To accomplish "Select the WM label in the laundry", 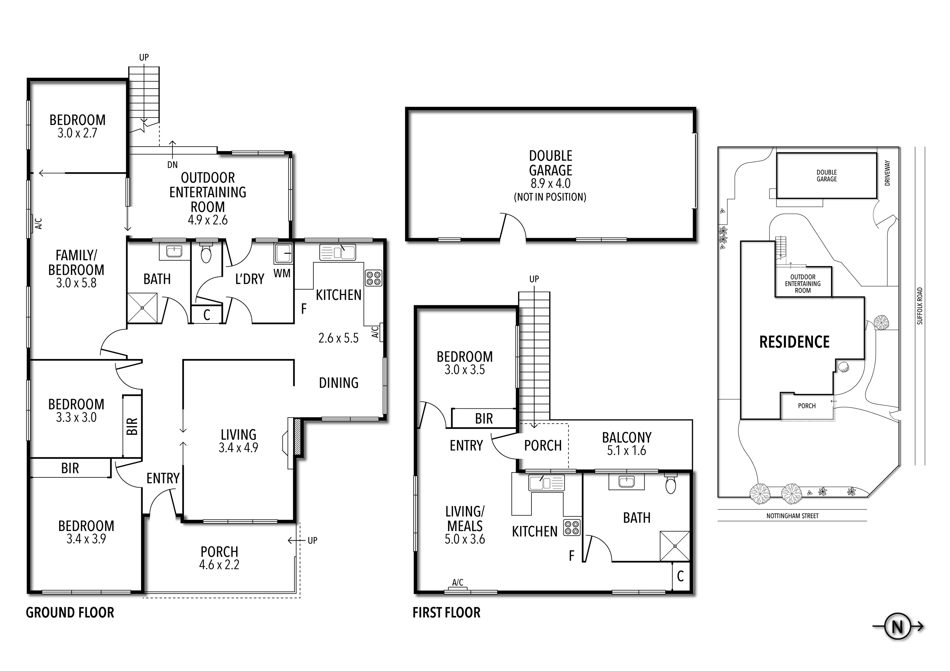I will click(282, 273).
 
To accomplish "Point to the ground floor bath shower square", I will click(142, 308).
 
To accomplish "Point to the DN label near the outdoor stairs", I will click(172, 165).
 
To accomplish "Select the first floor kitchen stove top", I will click(572, 527).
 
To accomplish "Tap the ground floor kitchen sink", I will click(338, 252).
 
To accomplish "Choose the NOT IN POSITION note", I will click(550, 197).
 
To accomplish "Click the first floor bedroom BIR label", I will click(484, 419).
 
